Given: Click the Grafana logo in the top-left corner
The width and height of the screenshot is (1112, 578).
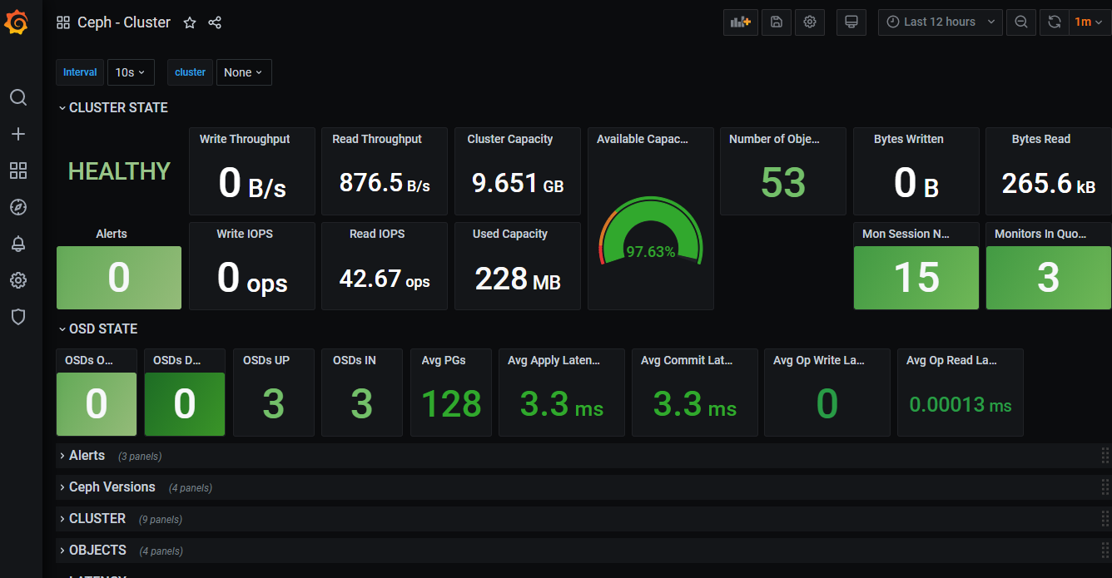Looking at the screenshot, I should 17,22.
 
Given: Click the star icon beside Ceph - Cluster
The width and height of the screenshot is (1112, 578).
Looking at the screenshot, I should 190,22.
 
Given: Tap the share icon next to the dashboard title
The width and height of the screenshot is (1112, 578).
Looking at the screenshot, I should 215,22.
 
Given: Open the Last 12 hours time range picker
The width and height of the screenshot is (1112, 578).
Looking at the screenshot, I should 940,22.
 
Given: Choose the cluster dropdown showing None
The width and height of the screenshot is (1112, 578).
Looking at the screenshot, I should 243,72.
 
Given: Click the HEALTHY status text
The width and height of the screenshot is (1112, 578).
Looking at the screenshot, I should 119,171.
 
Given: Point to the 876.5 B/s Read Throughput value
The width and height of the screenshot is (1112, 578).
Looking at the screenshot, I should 385,183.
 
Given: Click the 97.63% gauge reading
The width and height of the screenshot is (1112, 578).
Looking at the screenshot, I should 650,251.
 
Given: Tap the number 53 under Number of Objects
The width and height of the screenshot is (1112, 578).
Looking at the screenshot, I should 783,183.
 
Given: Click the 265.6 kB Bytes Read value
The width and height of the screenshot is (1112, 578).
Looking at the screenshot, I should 1048,183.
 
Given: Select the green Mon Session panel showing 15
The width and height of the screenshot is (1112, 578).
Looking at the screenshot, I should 916,278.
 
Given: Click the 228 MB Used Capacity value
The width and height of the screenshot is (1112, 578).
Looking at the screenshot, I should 517,279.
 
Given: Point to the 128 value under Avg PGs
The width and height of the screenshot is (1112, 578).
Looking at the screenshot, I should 451,404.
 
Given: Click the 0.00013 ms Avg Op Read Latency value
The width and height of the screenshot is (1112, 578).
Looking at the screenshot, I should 960,405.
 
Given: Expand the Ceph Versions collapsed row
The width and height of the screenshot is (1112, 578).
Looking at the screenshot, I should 112,487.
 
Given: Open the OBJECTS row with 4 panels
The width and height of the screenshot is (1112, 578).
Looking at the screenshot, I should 97,550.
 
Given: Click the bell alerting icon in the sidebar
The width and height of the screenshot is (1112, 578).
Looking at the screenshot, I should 18,244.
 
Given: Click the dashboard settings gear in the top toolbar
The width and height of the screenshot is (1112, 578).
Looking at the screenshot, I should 809,22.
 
